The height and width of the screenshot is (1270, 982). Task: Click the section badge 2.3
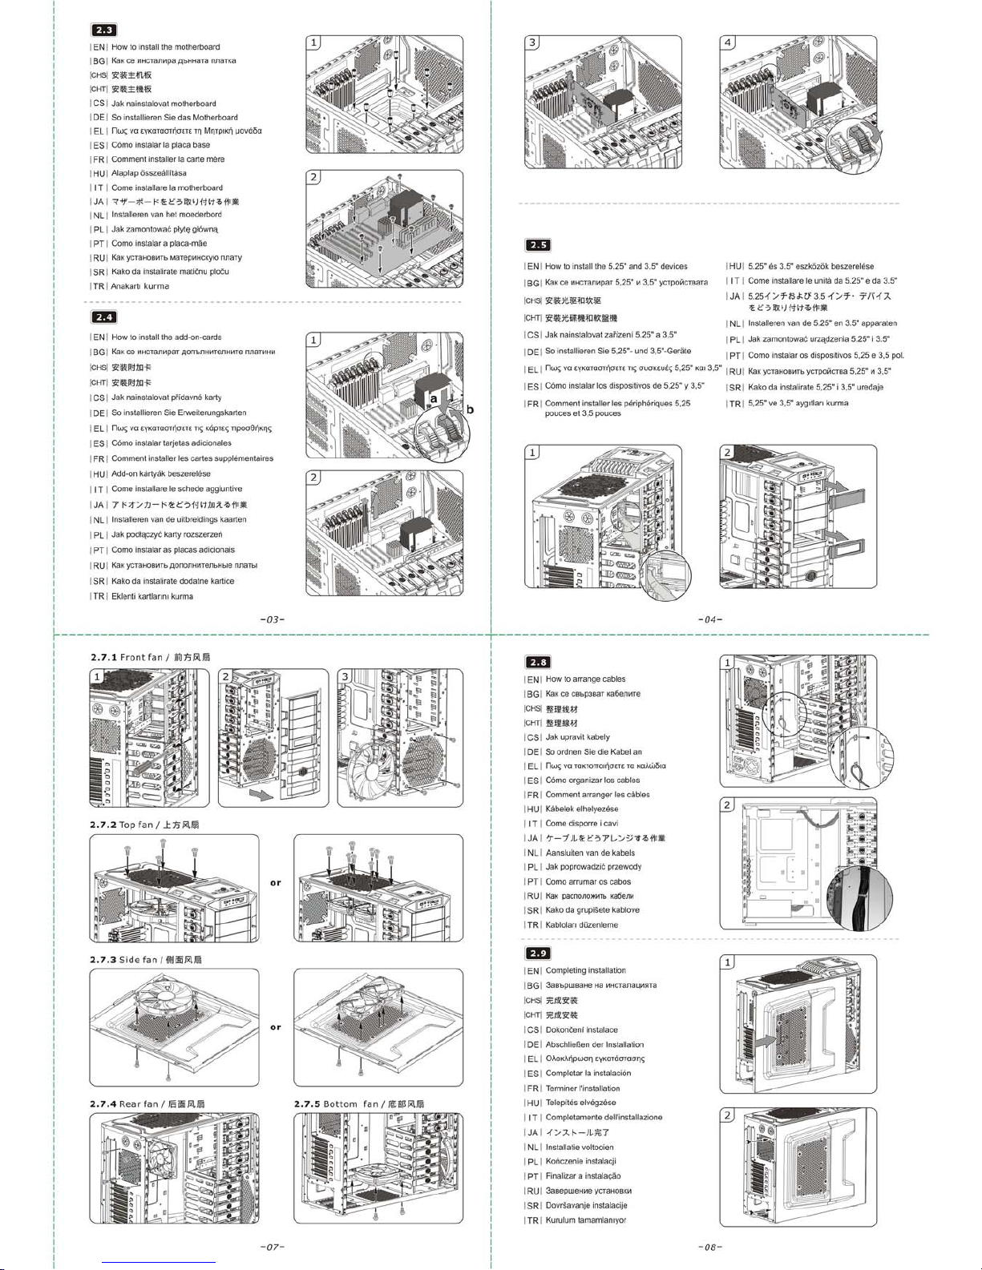click(x=104, y=30)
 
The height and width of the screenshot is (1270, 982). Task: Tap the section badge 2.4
click(x=104, y=317)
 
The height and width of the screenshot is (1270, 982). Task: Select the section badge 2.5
click(x=538, y=245)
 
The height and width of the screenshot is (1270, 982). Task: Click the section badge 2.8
click(x=537, y=662)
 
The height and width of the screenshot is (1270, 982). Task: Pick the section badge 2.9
click(x=537, y=954)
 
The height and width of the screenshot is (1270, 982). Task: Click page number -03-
click(x=273, y=619)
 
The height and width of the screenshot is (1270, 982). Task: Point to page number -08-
click(x=710, y=1247)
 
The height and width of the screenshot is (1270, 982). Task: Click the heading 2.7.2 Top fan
click(x=144, y=824)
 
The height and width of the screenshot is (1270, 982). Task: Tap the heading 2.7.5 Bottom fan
click(x=358, y=1104)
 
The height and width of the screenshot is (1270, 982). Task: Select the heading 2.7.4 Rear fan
click(x=147, y=1104)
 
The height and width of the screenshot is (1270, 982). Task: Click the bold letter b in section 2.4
click(x=471, y=409)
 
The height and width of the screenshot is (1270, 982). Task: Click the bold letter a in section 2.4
click(x=434, y=397)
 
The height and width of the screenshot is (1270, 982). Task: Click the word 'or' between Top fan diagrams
click(x=276, y=883)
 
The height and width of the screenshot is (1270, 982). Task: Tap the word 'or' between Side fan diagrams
click(x=276, y=1027)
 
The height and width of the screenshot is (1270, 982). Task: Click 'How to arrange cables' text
click(x=585, y=679)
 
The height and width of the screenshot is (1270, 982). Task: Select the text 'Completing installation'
click(x=585, y=970)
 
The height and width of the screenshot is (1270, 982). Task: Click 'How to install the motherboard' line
click(x=165, y=47)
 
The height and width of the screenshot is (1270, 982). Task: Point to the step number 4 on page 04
click(x=728, y=42)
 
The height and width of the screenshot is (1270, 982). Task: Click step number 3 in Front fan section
click(x=346, y=676)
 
